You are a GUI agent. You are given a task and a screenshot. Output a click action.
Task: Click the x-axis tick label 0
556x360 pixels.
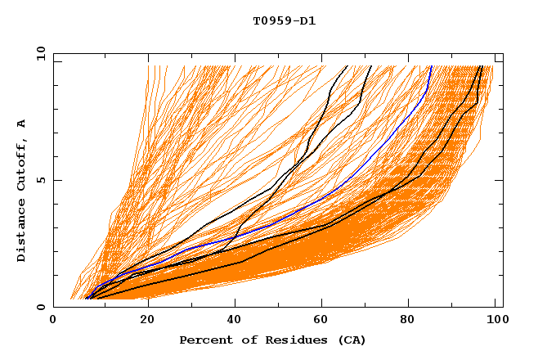(x=54, y=321)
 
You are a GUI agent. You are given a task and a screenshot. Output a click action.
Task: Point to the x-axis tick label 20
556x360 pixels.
(x=148, y=321)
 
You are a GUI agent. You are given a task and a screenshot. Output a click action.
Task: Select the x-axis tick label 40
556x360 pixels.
(x=237, y=321)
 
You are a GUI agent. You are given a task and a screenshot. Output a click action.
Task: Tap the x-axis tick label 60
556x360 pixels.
(x=326, y=321)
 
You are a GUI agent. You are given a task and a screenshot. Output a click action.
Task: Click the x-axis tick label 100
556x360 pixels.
(x=495, y=321)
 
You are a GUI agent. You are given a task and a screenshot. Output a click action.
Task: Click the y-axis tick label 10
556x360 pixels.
(x=41, y=53)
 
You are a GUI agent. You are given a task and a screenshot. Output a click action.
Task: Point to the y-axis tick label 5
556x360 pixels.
(x=44, y=180)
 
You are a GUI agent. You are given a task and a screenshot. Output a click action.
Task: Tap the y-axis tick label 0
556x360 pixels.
(x=44, y=307)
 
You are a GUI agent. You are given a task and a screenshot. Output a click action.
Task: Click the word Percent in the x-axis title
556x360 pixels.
(x=202, y=340)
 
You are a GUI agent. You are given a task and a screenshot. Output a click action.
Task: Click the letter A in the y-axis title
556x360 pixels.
(x=22, y=124)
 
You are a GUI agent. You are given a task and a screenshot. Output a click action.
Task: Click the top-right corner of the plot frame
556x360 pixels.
(x=503, y=53)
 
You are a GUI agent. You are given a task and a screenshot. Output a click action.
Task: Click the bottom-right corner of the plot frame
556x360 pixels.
(x=503, y=307)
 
